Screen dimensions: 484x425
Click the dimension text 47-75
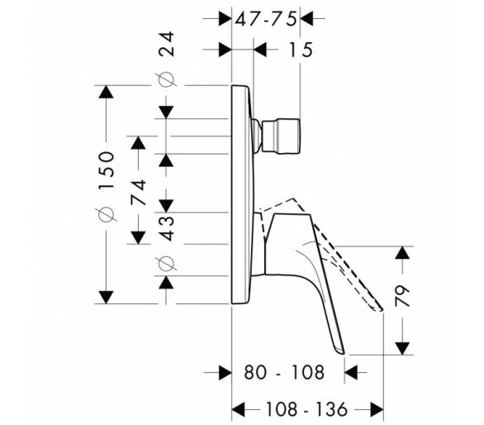pos(266,19)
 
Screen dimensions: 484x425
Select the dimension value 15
pos(301,50)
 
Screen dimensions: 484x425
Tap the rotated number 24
pos(166,44)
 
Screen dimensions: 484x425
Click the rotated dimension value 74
pos(138,193)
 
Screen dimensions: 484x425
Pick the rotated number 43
pos(166,228)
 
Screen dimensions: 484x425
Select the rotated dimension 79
pos(402,295)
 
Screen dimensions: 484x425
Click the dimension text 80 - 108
pos(284,372)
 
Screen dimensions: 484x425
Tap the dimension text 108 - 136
pos(306,409)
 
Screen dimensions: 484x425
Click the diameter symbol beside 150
pos(107,214)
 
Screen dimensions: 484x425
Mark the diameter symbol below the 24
pos(166,79)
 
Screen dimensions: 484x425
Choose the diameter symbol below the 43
pos(166,264)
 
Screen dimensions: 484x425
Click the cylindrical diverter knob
pos(281,136)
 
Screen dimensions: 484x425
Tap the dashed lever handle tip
pos(380,309)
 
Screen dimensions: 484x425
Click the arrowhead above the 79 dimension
pos(402,252)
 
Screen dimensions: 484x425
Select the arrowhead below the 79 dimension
pos(402,348)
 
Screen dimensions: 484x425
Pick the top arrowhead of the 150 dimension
pos(107,92)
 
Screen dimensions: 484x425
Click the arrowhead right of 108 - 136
pos(377,409)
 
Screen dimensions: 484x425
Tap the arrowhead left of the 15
pos(260,50)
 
